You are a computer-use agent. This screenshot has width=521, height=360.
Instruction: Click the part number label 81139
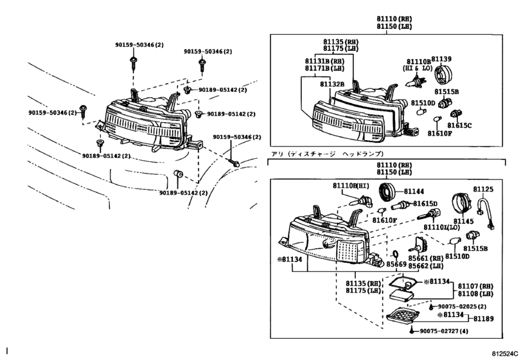(441, 59)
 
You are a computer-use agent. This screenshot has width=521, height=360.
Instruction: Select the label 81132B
(332, 84)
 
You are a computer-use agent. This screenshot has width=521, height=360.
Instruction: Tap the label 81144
(414, 191)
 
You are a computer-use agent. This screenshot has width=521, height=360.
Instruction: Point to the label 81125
(484, 189)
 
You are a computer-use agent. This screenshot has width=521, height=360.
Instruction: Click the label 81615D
(425, 203)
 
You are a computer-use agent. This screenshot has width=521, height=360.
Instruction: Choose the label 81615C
(459, 125)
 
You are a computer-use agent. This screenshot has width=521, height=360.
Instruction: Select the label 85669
(396, 264)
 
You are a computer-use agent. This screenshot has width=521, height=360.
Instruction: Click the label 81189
(484, 318)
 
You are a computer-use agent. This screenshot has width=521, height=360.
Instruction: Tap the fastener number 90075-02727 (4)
(444, 331)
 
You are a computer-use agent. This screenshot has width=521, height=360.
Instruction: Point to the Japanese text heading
(327, 154)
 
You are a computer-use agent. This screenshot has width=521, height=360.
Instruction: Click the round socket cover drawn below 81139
(443, 75)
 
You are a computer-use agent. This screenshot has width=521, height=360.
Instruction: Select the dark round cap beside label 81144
(387, 192)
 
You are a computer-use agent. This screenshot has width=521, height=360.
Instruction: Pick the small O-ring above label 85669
(395, 255)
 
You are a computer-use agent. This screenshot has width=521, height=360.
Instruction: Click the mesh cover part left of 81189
(403, 316)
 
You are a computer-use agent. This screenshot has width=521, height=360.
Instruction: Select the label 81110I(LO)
(441, 228)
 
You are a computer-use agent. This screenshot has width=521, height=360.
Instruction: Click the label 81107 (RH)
(475, 286)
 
